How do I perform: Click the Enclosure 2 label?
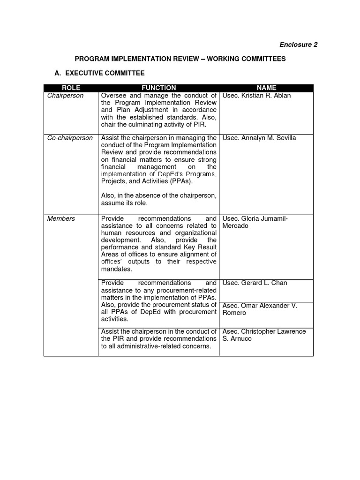(x=299, y=45)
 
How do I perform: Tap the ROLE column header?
(x=71, y=88)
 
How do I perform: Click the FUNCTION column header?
(x=158, y=88)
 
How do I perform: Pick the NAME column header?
(x=266, y=88)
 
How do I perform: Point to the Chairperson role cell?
(x=65, y=96)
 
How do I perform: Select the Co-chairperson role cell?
(x=70, y=138)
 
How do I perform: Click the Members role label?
(x=61, y=218)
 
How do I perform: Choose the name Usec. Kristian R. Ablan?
(x=256, y=96)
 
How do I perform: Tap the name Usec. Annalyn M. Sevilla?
(x=259, y=138)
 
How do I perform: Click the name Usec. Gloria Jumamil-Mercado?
(x=255, y=222)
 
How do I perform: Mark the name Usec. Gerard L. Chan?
(x=255, y=283)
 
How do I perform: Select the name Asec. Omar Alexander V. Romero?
(x=260, y=309)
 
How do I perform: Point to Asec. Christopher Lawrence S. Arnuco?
(x=264, y=335)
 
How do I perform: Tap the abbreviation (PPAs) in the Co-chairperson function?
(x=180, y=181)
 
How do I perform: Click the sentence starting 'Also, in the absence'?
(x=158, y=199)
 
